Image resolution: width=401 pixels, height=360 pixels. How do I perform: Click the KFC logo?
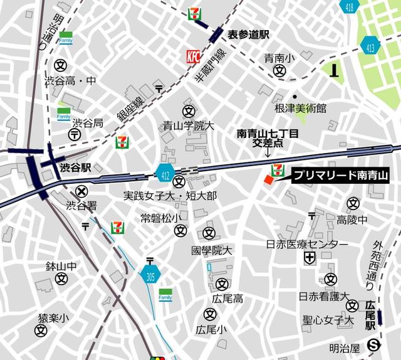192,57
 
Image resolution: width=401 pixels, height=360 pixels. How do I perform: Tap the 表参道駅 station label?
247,34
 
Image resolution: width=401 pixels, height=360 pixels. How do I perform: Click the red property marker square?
268,181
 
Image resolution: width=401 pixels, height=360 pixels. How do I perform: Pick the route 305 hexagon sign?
149,274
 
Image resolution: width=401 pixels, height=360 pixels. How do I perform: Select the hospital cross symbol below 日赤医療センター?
310,258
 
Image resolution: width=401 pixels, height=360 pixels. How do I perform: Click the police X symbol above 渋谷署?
81,191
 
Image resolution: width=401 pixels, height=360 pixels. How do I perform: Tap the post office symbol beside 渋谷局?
75,135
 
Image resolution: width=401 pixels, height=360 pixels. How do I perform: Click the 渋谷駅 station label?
76,167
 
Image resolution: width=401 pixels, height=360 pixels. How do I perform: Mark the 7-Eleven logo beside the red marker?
276,169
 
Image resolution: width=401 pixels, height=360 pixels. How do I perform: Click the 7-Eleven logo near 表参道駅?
195,13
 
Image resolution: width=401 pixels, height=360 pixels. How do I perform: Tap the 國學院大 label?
212,250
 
